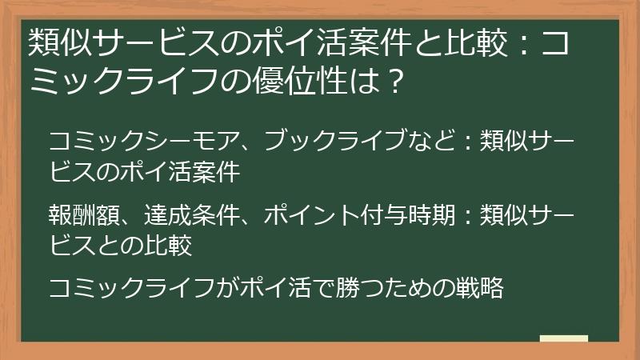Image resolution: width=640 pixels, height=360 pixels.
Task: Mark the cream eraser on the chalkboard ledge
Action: [563, 338]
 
